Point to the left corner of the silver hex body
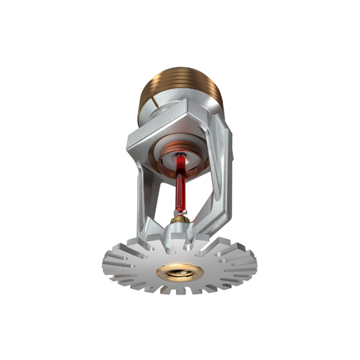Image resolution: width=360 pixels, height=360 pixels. point(131,144)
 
